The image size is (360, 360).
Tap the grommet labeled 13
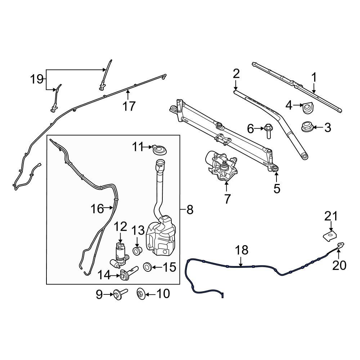[x=137, y=251]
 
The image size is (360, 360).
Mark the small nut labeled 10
[x=141, y=294]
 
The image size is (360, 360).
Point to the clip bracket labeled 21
[x=329, y=237]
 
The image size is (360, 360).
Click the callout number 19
[x=37, y=79]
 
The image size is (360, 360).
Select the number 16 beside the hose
[x=97, y=208]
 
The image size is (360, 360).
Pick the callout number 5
[x=276, y=188]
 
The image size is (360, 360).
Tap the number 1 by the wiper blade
[x=314, y=77]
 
